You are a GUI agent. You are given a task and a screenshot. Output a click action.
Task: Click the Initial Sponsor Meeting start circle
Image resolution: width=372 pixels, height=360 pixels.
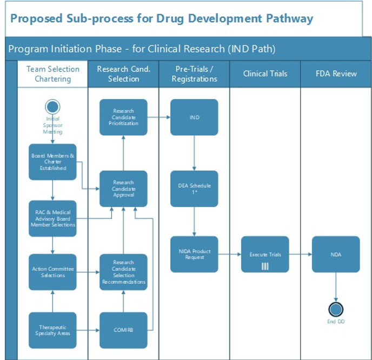point(53,106)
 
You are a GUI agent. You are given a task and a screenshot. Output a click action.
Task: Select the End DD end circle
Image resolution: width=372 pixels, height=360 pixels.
point(336,310)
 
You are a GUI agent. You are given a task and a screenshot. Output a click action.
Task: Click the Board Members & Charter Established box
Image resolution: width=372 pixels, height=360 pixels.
point(52,162)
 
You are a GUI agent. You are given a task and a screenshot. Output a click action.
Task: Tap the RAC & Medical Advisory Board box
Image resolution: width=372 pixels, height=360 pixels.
point(52,218)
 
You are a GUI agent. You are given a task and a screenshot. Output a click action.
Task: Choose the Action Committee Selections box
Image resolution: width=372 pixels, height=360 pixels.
point(52,272)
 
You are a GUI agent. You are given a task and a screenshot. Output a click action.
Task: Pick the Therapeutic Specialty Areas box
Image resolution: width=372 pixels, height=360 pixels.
point(52,330)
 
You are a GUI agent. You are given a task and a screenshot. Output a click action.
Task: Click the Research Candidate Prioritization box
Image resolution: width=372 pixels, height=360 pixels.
point(123,117)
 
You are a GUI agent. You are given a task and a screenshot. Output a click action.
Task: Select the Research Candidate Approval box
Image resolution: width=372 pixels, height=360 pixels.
point(123,188)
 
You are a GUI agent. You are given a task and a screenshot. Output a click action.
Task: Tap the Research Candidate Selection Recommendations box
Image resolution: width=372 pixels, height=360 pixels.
point(123,272)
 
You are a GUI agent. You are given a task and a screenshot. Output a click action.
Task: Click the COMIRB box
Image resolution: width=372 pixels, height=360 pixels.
point(123,330)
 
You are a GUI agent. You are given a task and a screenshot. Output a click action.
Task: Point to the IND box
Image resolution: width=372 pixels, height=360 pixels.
point(194,117)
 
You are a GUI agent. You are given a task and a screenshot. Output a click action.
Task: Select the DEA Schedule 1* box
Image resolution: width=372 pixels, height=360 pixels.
point(194,188)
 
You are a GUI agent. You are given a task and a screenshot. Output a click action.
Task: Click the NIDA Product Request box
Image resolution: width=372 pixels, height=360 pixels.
point(194,254)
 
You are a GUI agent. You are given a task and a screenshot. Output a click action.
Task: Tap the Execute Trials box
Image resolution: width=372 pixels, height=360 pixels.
point(265,254)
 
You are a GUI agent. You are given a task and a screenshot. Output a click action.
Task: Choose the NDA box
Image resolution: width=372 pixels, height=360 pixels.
point(336,254)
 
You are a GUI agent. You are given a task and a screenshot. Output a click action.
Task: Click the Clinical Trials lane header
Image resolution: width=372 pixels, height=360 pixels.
point(265,74)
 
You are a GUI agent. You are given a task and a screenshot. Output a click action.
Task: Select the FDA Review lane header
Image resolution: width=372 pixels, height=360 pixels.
point(336,74)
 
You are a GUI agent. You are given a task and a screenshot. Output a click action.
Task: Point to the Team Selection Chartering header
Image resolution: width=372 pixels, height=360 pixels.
point(53,74)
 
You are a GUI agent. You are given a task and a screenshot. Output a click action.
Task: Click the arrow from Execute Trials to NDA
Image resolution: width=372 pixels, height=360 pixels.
point(300,254)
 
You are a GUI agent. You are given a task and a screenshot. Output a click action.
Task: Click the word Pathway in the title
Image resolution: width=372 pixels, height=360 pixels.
point(289,18)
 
